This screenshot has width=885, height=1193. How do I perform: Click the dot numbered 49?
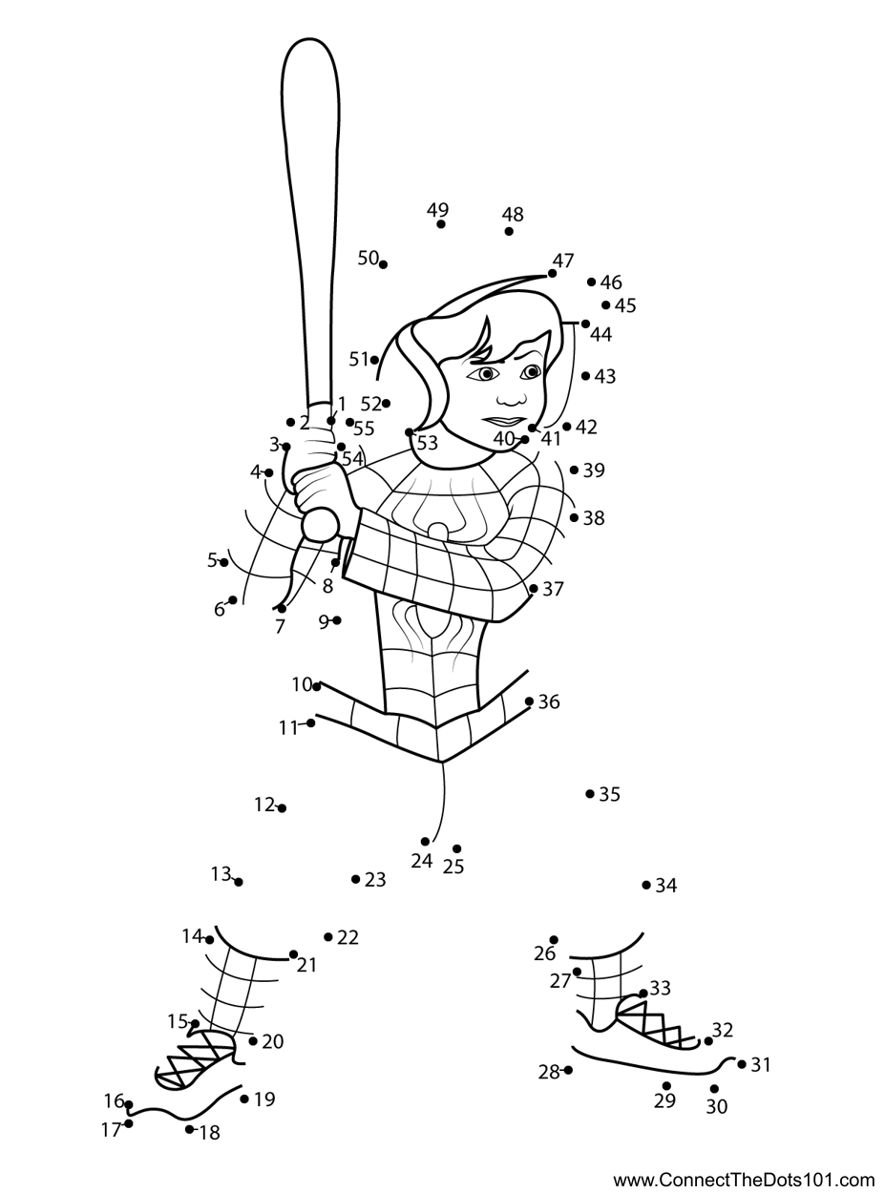[441, 224]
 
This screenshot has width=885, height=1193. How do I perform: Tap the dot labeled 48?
[509, 231]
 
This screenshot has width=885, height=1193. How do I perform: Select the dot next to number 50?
[383, 263]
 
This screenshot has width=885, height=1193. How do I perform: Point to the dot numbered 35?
[590, 794]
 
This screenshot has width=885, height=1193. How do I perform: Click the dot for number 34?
[646, 886]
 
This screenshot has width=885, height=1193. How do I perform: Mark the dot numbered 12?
[282, 808]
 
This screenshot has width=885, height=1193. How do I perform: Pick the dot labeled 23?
[355, 879]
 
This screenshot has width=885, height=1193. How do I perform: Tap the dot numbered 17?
[129, 1123]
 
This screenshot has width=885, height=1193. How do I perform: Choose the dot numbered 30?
[714, 1089]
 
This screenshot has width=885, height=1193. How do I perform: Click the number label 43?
[605, 377]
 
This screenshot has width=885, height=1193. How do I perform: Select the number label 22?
[348, 938]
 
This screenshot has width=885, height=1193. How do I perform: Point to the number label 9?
[324, 622]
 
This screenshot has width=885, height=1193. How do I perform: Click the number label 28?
[548, 1073]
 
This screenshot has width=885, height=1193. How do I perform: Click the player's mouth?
[504, 421]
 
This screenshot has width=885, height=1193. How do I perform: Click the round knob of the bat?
[320, 524]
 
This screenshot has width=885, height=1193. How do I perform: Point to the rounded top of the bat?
[309, 57]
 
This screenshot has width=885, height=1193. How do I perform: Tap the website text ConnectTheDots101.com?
[743, 1180]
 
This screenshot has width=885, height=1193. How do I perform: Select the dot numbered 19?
[245, 1099]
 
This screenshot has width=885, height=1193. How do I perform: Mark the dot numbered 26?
[554, 940]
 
